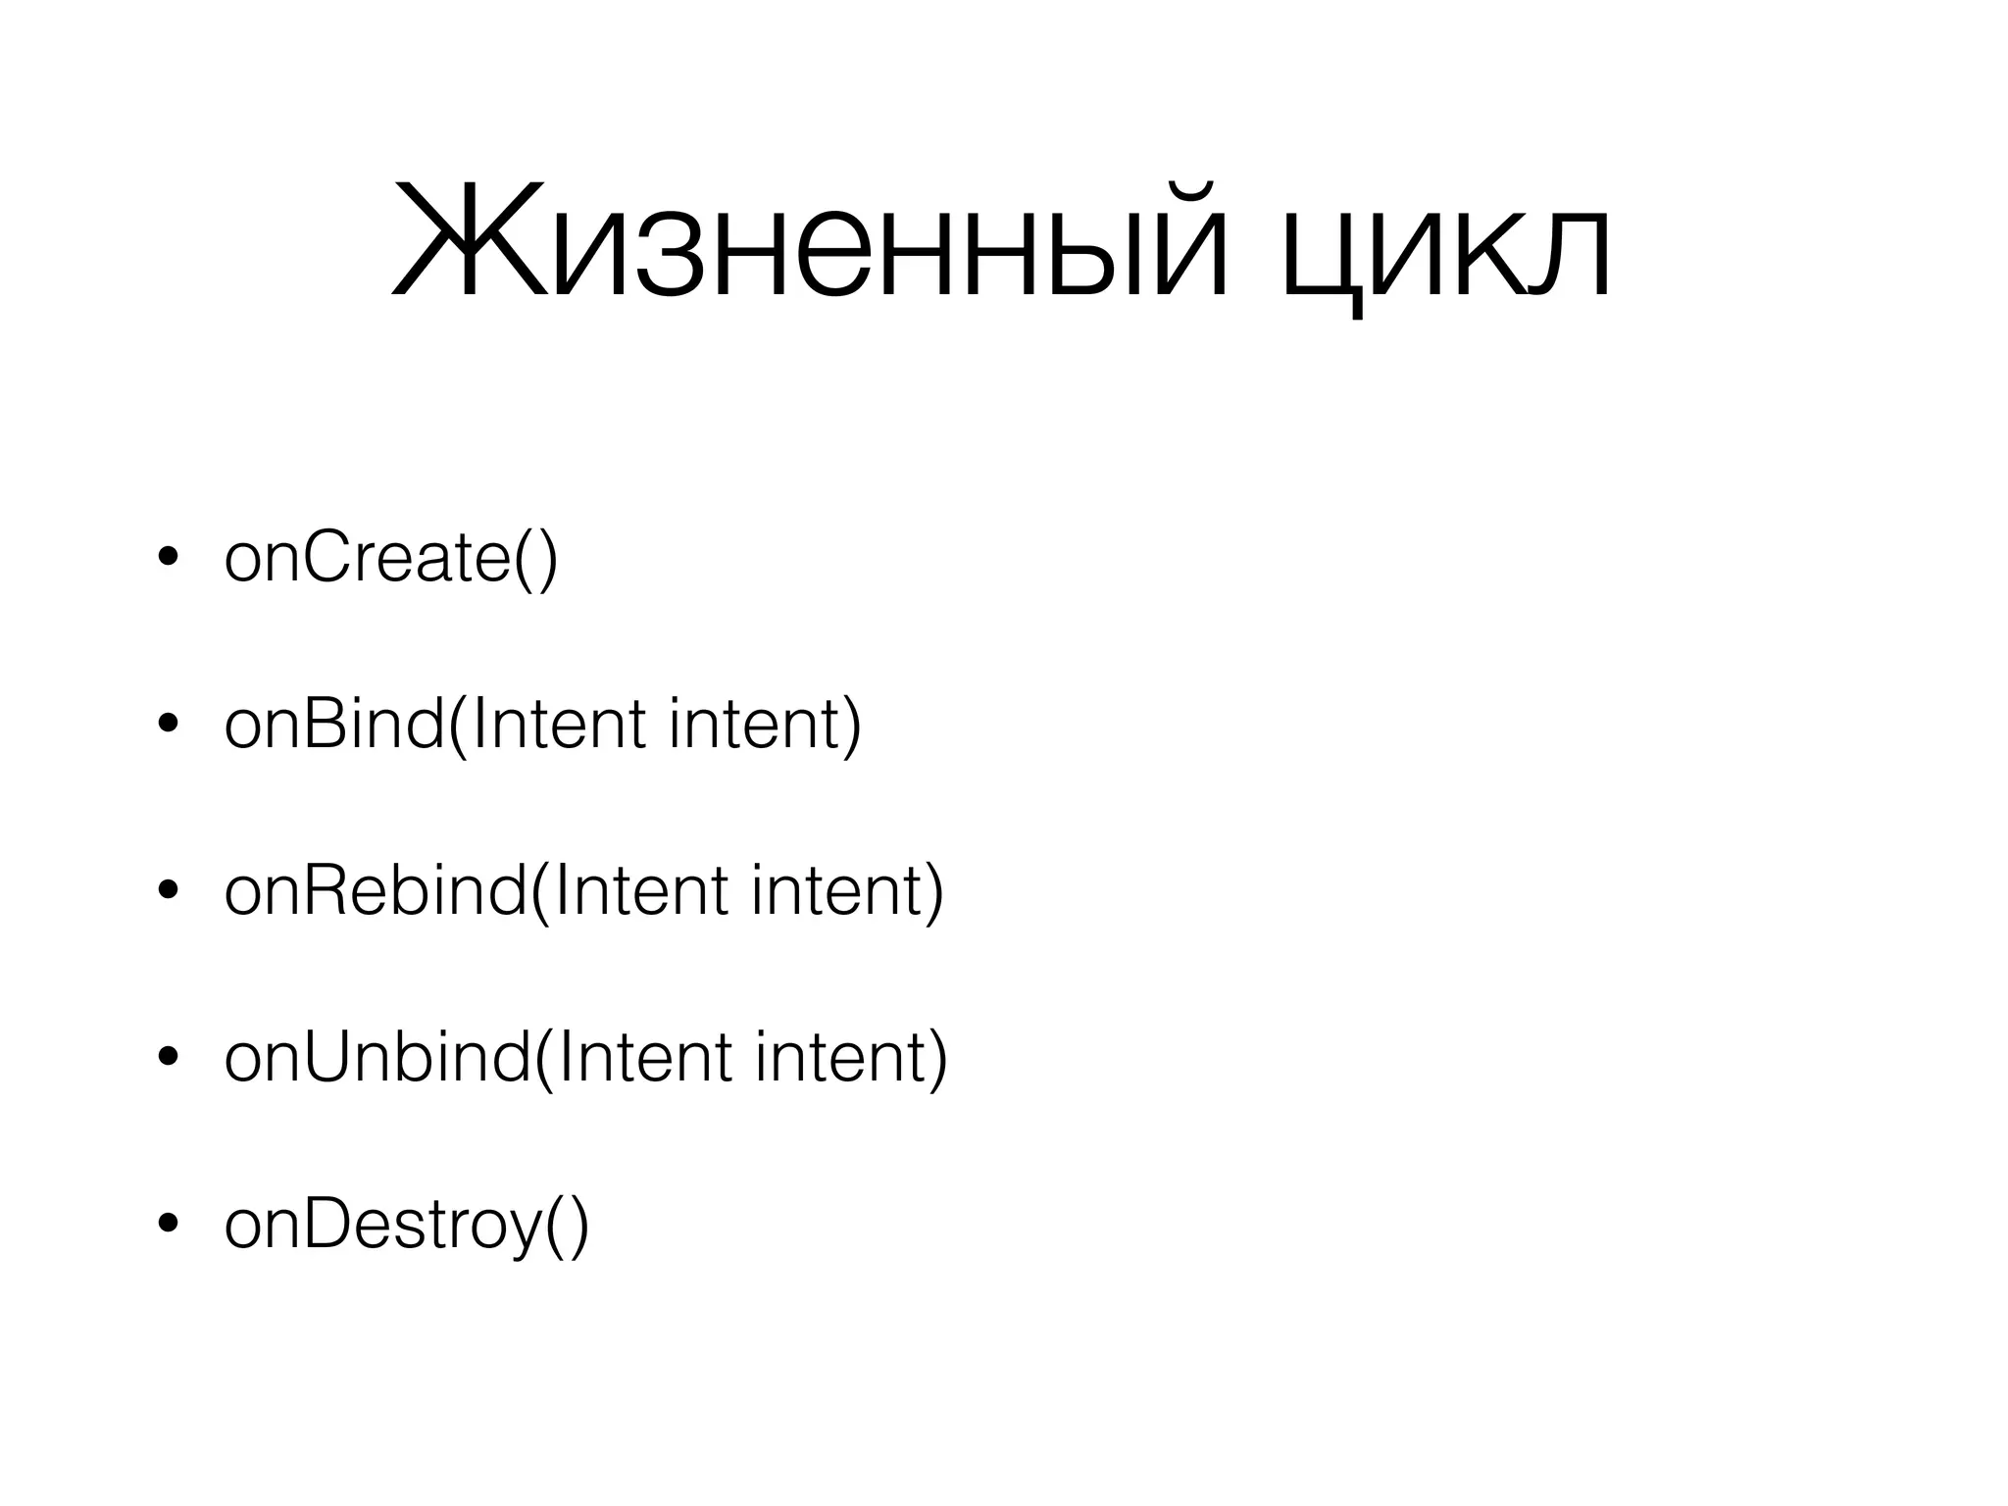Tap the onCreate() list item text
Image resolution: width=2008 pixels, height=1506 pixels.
tap(390, 559)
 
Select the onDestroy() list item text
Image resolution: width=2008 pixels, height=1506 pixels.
tap(406, 1226)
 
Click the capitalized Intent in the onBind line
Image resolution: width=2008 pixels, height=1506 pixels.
tap(558, 726)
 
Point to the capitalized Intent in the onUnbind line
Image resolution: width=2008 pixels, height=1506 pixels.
tap(644, 1059)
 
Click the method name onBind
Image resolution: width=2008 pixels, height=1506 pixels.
tap(334, 726)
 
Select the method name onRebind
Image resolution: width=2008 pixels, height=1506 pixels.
tap(376, 892)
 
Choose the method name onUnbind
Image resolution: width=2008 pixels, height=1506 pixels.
tap(377, 1059)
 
